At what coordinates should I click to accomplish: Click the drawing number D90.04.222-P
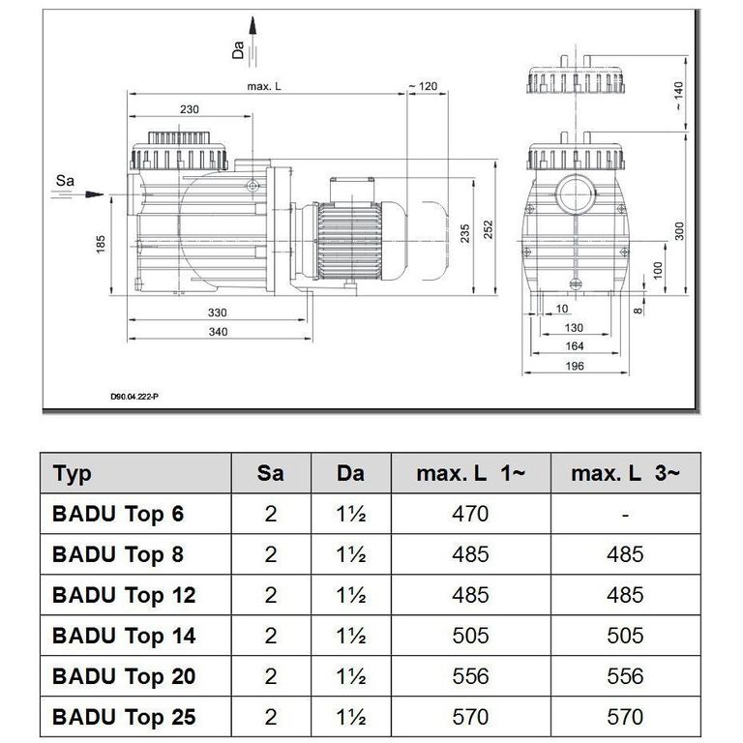pyautogui.click(x=134, y=397)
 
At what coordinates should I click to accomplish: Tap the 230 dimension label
pyautogui.click(x=189, y=109)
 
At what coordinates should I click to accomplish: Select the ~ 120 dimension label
pyautogui.click(x=423, y=86)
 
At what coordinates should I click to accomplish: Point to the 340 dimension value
pyautogui.click(x=218, y=332)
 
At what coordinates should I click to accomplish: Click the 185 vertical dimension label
pyautogui.click(x=101, y=245)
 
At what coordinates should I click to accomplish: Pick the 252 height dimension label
pyautogui.click(x=488, y=230)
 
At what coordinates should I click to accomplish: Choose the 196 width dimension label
pyautogui.click(x=575, y=366)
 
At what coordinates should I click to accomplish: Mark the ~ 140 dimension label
pyautogui.click(x=678, y=96)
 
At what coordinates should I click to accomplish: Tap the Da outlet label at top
pyautogui.click(x=238, y=49)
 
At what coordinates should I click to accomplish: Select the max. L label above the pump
pyautogui.click(x=264, y=86)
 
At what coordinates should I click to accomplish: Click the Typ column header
pyautogui.click(x=72, y=474)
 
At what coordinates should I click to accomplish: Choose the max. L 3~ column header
pyautogui.click(x=626, y=473)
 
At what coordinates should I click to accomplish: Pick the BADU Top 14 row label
pyautogui.click(x=124, y=636)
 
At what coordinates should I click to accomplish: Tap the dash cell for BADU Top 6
pyautogui.click(x=626, y=515)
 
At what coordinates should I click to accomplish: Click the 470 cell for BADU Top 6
pyautogui.click(x=470, y=514)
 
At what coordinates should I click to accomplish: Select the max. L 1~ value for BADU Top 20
pyautogui.click(x=470, y=676)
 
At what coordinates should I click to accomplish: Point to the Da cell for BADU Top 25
pyautogui.click(x=350, y=718)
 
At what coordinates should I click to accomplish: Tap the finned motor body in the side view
pyautogui.click(x=349, y=241)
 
